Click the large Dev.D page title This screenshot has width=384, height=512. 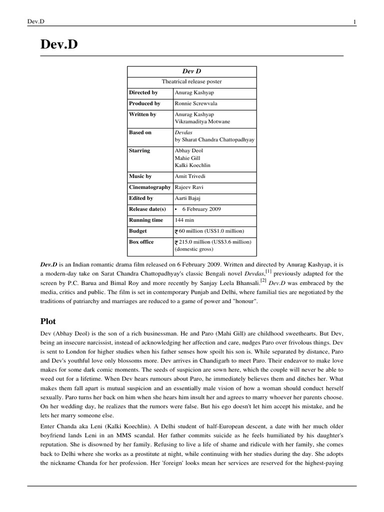pos(59,46)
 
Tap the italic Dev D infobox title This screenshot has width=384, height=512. pos(192,71)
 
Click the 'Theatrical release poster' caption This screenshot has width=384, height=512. pos(192,81)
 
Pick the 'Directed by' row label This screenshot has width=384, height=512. pos(143,92)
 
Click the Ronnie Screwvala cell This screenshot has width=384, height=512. pos(196,103)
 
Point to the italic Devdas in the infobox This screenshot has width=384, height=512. pos(183,132)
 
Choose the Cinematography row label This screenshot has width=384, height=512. pos(150,187)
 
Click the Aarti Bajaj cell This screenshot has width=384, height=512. pos(187,198)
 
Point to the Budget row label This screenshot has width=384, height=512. pos(138,231)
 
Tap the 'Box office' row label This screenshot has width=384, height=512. pos(142,242)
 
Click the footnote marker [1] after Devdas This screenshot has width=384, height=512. pos(268,270)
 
